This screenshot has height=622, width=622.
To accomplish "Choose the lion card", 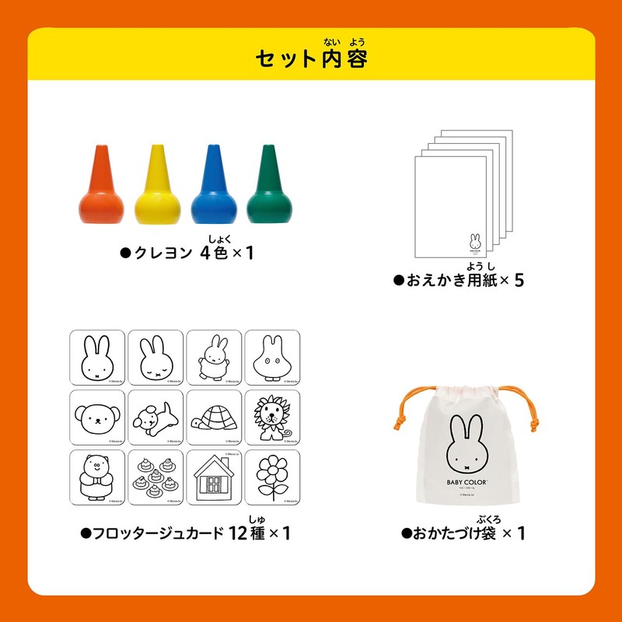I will click(272, 417).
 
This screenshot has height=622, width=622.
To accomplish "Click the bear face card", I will click(97, 417).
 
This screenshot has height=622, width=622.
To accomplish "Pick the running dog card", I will click(155, 417).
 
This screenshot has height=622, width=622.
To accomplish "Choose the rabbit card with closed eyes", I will click(155, 358).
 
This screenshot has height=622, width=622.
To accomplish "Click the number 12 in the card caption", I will click(244, 534).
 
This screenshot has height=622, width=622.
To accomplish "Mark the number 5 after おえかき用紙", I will click(519, 280).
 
